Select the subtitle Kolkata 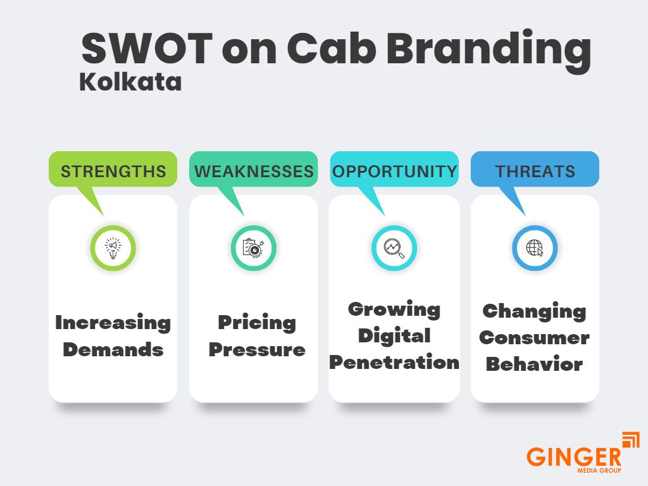pyautogui.click(x=130, y=82)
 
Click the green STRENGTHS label pyautogui.click(x=113, y=171)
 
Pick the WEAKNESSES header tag pyautogui.click(x=254, y=171)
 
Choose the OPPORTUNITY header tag pyautogui.click(x=394, y=171)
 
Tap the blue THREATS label pyautogui.click(x=535, y=171)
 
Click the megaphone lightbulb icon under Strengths pyautogui.click(x=113, y=247)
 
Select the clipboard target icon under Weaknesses pyautogui.click(x=254, y=247)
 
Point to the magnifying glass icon pyautogui.click(x=394, y=247)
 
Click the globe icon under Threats pyautogui.click(x=535, y=247)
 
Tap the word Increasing pyautogui.click(x=113, y=323)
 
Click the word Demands pyautogui.click(x=113, y=349)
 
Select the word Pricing pyautogui.click(x=257, y=323)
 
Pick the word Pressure pyautogui.click(x=257, y=349)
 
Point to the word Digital pyautogui.click(x=394, y=335)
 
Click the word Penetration pyautogui.click(x=394, y=362)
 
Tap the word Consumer pyautogui.click(x=535, y=337)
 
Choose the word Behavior pyautogui.click(x=535, y=364)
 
